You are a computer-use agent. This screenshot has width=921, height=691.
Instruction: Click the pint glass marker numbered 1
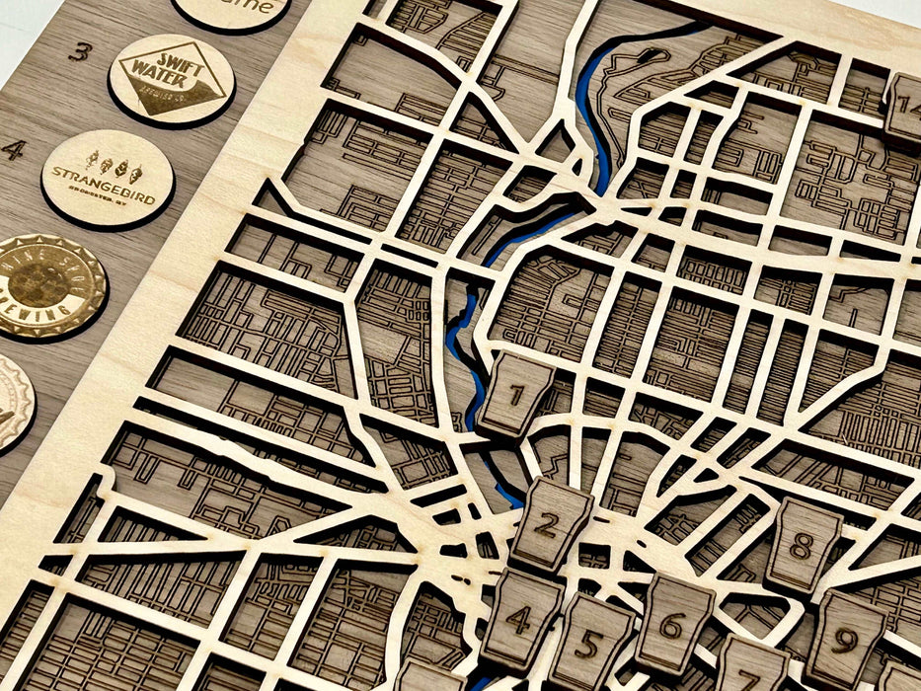pos(515,395)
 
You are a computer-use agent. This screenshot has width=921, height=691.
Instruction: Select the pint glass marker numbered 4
pos(519,618)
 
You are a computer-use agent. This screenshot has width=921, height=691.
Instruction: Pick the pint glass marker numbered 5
pos(589,642)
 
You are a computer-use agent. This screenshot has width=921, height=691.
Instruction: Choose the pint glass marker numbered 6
pos(671,624)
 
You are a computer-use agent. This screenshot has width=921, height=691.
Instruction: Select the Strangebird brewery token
pos(107,178)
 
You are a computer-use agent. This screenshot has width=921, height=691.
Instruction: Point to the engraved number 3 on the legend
pos(83,51)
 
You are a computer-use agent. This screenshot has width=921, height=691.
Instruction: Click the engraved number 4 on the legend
pos(12,150)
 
